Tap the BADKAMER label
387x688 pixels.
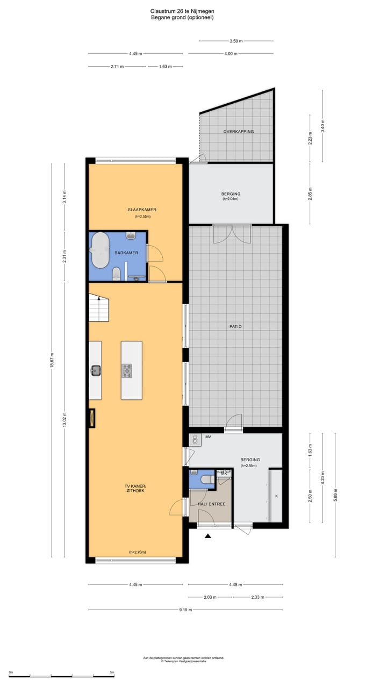coord(126,253)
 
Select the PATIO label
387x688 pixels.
coord(235,326)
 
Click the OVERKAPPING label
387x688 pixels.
coord(239,132)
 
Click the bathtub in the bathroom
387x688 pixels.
coord(100,250)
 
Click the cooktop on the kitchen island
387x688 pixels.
coord(127,370)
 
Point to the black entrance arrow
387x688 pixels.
coord(208,535)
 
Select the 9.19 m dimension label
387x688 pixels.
coord(185,610)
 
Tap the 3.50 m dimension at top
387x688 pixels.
coord(235,41)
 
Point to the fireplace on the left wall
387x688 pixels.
coord(92,418)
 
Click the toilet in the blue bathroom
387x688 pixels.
coord(116,275)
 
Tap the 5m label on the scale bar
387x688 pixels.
coord(112,672)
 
